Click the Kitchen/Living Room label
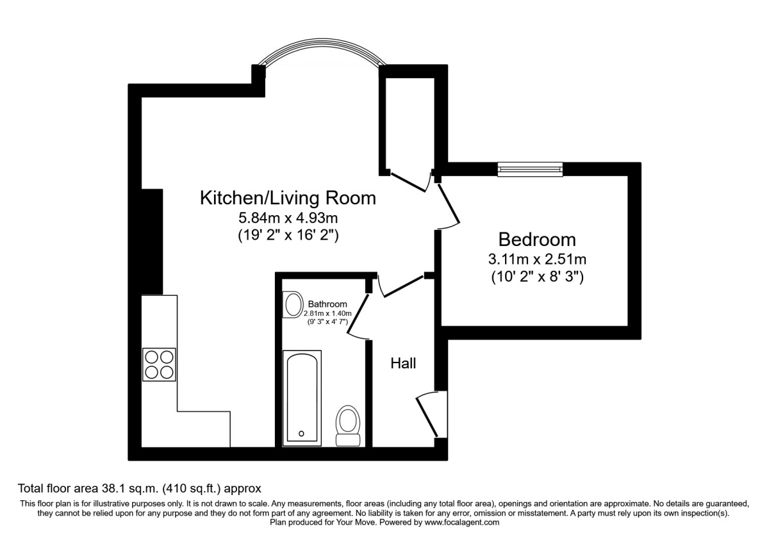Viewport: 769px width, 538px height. click(x=288, y=198)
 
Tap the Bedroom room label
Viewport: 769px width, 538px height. click(x=537, y=240)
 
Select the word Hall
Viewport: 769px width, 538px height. click(x=403, y=364)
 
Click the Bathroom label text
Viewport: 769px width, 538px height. click(x=327, y=304)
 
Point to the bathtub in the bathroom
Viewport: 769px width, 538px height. click(x=303, y=397)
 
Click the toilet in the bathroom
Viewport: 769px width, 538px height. click(x=349, y=425)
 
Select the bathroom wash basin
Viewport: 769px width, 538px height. click(x=294, y=304)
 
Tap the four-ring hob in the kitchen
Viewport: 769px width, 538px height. click(x=159, y=364)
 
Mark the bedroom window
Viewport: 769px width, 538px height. click(x=530, y=169)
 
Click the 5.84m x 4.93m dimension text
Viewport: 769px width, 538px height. click(x=288, y=218)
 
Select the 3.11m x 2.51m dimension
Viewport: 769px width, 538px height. click(x=537, y=260)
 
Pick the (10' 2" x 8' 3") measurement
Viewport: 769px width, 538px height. click(x=537, y=277)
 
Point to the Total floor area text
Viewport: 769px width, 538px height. click(x=140, y=487)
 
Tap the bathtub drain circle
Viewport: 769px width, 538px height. click(x=301, y=434)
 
